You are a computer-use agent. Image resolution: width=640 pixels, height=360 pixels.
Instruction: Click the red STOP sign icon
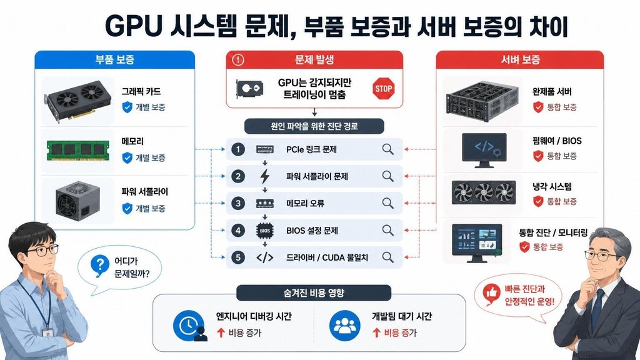coord(384,89)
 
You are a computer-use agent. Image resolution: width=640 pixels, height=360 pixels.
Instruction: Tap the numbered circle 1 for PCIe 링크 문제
coord(238,149)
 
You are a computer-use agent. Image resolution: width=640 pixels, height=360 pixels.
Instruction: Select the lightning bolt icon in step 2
coord(265,176)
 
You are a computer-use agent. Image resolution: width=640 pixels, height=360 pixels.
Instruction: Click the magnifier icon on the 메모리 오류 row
coord(387,203)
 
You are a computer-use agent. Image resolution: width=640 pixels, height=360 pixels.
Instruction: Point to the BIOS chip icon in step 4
coord(265,231)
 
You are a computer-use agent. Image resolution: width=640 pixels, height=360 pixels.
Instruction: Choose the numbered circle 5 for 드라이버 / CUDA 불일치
coord(238,257)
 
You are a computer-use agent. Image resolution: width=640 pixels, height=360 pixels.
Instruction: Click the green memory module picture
coord(78,151)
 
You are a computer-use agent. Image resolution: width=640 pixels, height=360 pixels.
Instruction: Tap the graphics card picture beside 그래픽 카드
coord(77,101)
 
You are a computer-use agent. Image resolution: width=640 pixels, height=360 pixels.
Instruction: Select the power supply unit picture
coord(77,201)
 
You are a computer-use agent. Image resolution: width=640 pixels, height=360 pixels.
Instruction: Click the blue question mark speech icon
coord(100,265)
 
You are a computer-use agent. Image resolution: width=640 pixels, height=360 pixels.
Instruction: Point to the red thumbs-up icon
coord(491,293)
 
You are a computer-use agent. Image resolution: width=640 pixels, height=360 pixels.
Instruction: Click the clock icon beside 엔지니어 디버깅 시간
coord(189,326)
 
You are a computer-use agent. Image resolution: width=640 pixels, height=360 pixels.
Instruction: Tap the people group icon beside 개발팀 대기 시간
coord(345,326)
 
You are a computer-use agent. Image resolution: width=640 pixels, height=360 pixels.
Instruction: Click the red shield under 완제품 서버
coord(538,107)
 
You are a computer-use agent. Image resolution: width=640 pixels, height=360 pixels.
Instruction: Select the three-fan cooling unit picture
coord(484,192)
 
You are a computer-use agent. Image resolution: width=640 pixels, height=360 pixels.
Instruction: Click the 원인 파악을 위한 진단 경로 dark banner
coord(314,126)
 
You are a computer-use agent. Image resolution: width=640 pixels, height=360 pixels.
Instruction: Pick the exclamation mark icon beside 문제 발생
coord(238,60)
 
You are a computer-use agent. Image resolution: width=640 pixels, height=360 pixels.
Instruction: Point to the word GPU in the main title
coord(132,27)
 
